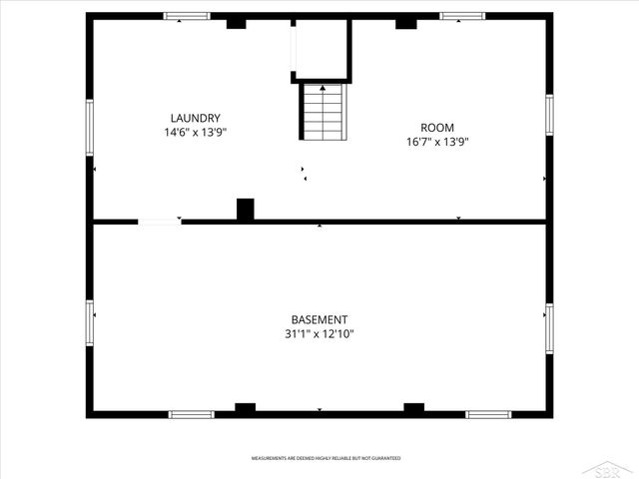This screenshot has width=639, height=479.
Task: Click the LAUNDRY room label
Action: point(195,118)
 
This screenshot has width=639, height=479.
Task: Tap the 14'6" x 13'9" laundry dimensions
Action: point(195,132)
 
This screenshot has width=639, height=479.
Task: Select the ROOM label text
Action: point(437,128)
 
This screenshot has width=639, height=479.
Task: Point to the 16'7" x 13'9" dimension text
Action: point(437,142)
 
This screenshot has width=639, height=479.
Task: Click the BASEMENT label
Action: point(319,319)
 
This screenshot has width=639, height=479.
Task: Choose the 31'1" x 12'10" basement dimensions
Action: point(319,334)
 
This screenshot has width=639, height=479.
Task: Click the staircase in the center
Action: point(322,113)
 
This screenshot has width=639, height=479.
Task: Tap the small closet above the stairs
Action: point(319,50)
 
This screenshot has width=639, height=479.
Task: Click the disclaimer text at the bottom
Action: point(325,458)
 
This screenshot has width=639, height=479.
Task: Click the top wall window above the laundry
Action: point(187,16)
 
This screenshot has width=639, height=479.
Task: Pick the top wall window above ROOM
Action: point(462,16)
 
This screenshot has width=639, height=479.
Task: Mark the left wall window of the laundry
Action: point(89,127)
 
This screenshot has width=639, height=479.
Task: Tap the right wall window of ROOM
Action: point(549,114)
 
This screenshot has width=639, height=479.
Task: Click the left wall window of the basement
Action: point(89,323)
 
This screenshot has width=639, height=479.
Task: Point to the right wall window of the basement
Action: point(549,329)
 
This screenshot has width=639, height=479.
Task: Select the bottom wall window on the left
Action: point(191,414)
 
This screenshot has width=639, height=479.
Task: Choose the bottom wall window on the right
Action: point(489,414)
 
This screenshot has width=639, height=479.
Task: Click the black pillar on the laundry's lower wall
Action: point(245,210)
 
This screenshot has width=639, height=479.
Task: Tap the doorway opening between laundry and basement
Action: point(160,222)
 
